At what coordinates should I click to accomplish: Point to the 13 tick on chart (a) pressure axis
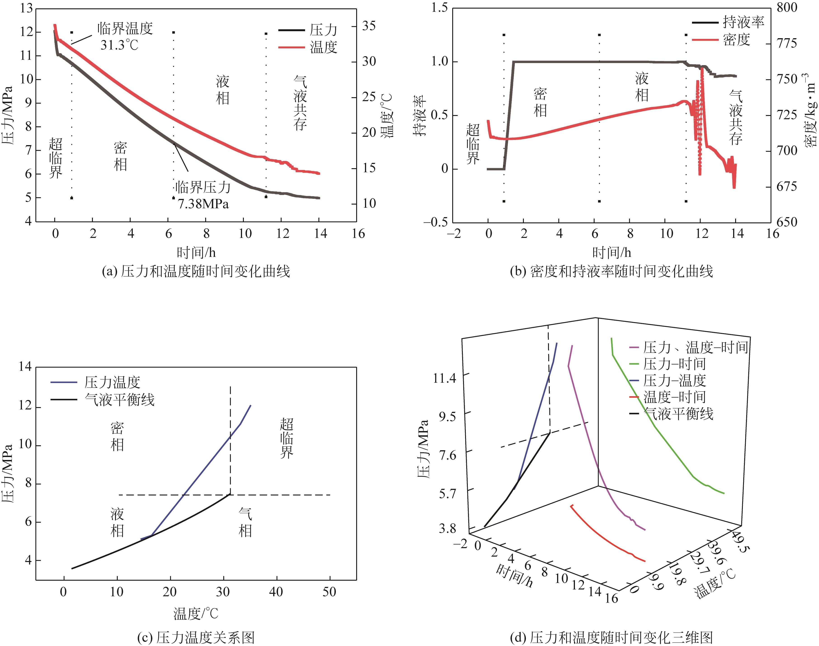click(26, 8)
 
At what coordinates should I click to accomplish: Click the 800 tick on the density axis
click(786, 7)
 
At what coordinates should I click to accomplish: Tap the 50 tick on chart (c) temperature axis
click(329, 592)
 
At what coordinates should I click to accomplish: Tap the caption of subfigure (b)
click(611, 271)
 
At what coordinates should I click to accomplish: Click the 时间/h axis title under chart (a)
click(196, 252)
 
